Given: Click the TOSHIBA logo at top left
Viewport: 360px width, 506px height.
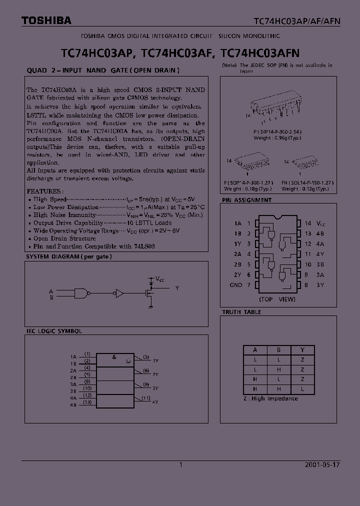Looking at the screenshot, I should pyautogui.click(x=46, y=20).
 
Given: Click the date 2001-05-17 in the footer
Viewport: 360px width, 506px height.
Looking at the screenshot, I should pyautogui.click(x=322, y=464).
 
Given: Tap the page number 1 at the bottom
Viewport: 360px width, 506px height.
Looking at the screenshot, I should pyautogui.click(x=180, y=464).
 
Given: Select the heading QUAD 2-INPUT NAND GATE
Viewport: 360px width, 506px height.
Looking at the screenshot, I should pyautogui.click(x=102, y=70).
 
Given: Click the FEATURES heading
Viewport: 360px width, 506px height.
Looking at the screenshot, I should pyautogui.click(x=44, y=191).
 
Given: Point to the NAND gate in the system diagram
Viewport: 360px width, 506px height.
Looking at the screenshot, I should pyautogui.click(x=82, y=293).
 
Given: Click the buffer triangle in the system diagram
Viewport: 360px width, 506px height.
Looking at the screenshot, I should pyautogui.click(x=119, y=293).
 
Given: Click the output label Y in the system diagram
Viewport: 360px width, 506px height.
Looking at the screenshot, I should pyautogui.click(x=176, y=288).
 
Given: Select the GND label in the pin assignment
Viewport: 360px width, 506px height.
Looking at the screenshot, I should pyautogui.click(x=235, y=285).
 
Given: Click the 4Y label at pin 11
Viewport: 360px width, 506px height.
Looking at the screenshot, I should pyautogui.click(x=319, y=254).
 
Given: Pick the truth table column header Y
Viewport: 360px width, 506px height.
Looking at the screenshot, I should pyautogui.click(x=302, y=350).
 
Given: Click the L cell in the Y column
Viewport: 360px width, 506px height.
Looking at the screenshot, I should pyautogui.click(x=302, y=388).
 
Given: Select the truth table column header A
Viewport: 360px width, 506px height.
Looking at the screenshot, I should pyautogui.click(x=255, y=350).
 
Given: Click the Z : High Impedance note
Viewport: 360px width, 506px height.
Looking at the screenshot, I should pyautogui.click(x=270, y=398).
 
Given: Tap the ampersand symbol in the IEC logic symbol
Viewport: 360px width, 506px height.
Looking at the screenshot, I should pyautogui.click(x=114, y=357).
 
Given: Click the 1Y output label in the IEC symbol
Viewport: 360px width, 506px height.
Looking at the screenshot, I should pyautogui.click(x=155, y=360).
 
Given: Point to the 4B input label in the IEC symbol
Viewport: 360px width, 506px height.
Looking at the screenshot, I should pyautogui.click(x=73, y=404).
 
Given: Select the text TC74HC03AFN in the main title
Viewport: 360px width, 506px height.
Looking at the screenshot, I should pyautogui.click(x=260, y=52).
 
